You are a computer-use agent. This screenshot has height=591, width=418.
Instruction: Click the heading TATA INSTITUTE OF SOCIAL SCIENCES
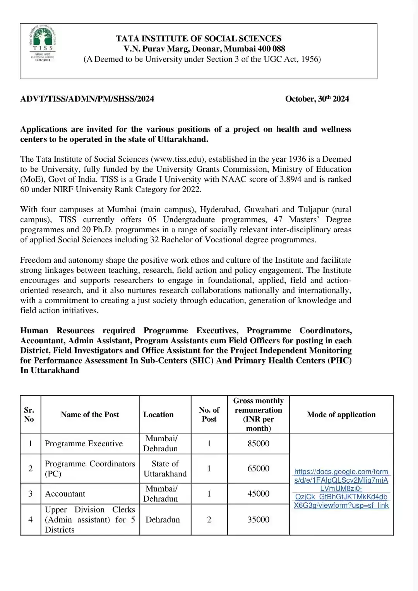point(199,39)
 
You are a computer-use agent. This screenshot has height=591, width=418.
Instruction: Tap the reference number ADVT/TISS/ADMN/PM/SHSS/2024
point(87,99)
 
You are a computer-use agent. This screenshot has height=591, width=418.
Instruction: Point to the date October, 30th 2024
point(317,99)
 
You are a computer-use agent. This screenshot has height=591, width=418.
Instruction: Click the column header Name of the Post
point(90,415)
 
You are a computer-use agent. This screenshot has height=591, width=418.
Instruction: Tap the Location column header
point(158,415)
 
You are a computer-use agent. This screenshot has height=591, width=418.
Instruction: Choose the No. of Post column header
point(209,415)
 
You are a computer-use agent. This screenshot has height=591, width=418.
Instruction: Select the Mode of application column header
point(341,415)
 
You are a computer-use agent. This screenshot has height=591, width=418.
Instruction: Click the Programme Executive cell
point(84,444)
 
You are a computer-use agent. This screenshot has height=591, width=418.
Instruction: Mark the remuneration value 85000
point(258,444)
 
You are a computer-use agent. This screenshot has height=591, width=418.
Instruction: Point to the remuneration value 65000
point(258,468)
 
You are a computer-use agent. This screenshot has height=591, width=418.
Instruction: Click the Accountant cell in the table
point(65,494)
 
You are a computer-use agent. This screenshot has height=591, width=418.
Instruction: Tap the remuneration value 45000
point(258,494)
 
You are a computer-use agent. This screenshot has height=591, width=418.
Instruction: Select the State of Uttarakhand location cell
point(165,469)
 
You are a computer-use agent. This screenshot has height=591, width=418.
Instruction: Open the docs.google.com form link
point(341,488)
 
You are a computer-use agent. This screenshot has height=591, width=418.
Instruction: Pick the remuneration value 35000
point(258,520)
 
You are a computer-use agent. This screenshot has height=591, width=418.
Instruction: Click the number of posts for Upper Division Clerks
point(209,520)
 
